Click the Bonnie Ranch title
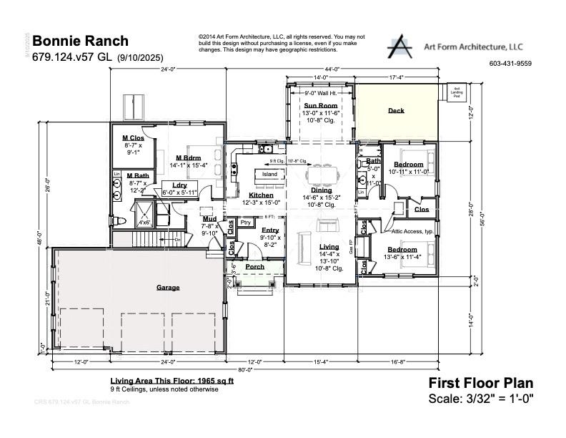(81, 42)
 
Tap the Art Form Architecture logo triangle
(401, 47)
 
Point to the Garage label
(168, 288)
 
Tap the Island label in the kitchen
(269, 175)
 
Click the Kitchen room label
(261, 195)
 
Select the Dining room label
(322, 190)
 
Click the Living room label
(329, 247)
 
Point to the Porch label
(254, 267)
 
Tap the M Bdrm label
(188, 158)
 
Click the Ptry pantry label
(246, 223)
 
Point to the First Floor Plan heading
(480, 383)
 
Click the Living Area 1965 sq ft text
(172, 381)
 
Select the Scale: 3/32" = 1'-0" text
(480, 399)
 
